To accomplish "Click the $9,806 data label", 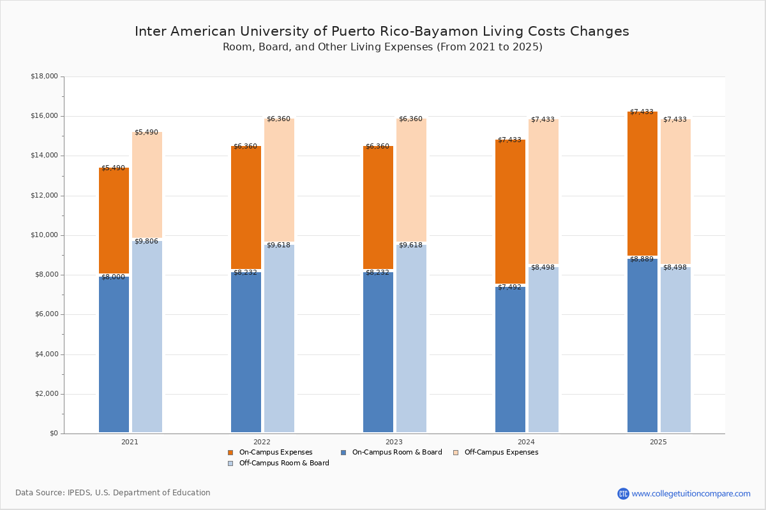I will click(146, 242).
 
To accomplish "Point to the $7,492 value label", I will click(509, 288).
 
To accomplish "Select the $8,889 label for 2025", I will click(642, 259).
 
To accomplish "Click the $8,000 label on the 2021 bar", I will click(113, 277).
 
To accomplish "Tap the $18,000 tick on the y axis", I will click(44, 76).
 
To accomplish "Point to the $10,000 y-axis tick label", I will click(44, 235).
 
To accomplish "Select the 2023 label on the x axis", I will click(394, 442).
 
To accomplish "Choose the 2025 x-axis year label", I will click(658, 442).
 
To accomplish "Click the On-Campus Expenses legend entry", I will click(270, 453).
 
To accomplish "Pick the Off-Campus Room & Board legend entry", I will click(278, 463).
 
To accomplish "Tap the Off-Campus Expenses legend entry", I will click(495, 453).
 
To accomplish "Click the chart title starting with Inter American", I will click(382, 32).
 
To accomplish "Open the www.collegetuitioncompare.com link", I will click(691, 493).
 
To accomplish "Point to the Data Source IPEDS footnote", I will click(113, 493).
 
